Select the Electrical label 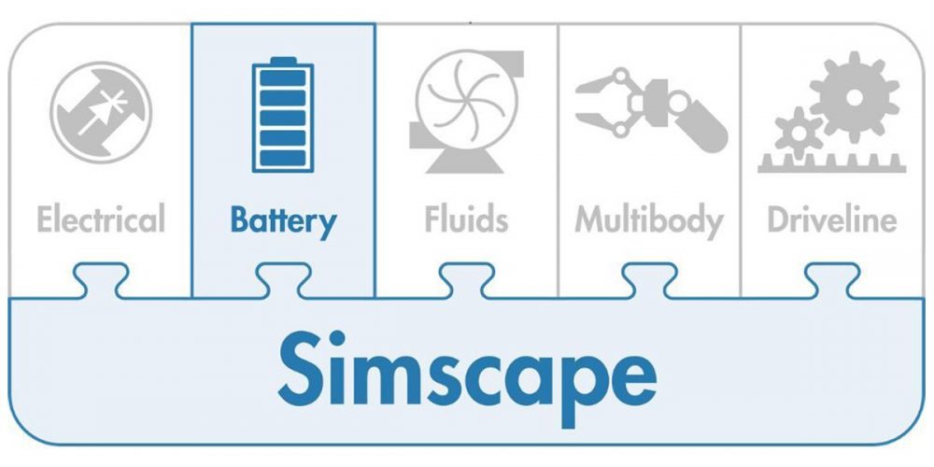pyautogui.click(x=101, y=219)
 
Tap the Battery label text pyautogui.click(x=283, y=221)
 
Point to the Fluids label pyautogui.click(x=466, y=219)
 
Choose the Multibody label pyautogui.click(x=649, y=221)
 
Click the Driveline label pyautogui.click(x=831, y=219)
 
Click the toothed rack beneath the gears pyautogui.click(x=830, y=165)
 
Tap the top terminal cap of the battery pyautogui.click(x=283, y=62)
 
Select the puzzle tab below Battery pyautogui.click(x=283, y=279)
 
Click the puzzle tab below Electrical pyautogui.click(x=101, y=279)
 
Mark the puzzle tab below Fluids pyautogui.click(x=466, y=279)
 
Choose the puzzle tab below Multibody pyautogui.click(x=649, y=279)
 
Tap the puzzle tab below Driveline pyautogui.click(x=831, y=279)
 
